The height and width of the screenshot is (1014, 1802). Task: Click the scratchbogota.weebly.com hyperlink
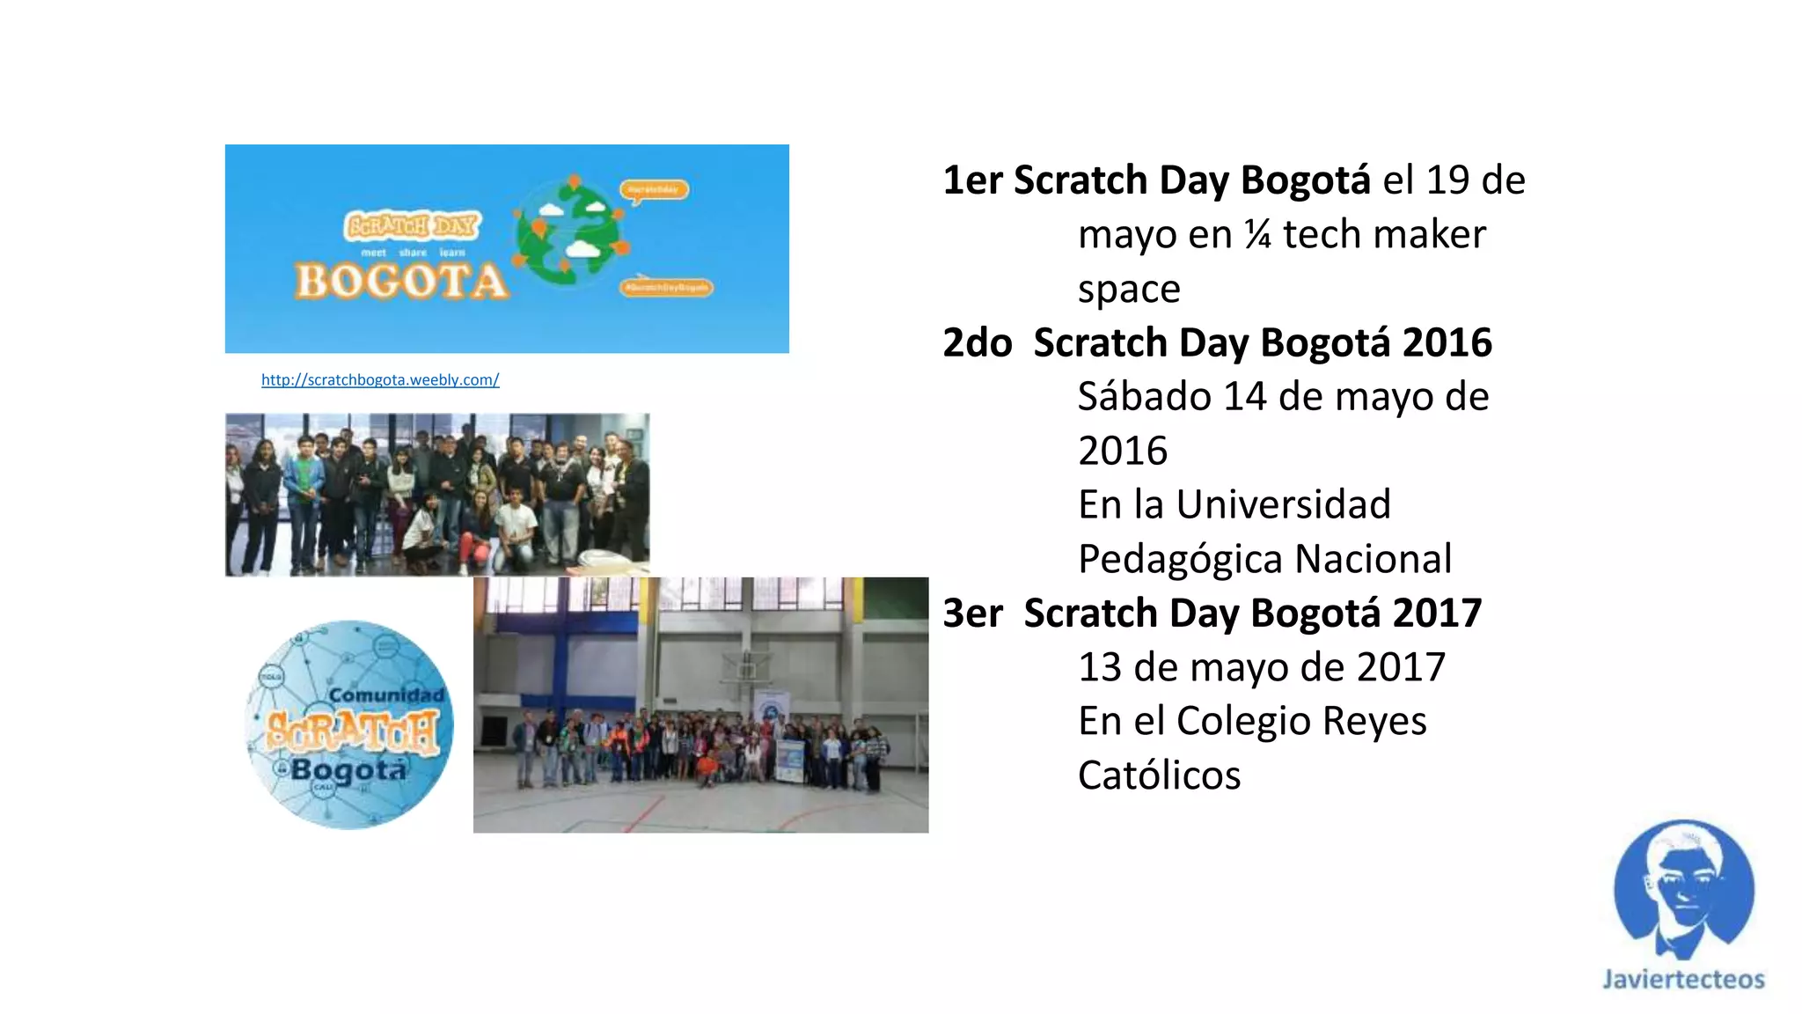click(380, 379)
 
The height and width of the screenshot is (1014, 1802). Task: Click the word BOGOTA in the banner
click(401, 282)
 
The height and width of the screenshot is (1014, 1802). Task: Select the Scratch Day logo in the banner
click(413, 226)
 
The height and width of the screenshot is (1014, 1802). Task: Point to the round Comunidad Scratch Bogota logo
click(350, 724)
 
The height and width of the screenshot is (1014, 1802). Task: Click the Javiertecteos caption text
click(1683, 979)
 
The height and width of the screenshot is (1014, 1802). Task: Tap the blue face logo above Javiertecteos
click(1683, 890)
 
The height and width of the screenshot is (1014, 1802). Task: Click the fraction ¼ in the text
click(1257, 235)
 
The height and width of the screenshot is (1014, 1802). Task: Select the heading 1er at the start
click(972, 180)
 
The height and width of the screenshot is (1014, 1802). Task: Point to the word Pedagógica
click(1180, 560)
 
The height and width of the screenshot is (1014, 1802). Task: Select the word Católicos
click(1159, 775)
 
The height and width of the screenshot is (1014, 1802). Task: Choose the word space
click(1129, 290)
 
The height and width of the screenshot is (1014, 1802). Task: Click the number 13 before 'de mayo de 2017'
click(1100, 667)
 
